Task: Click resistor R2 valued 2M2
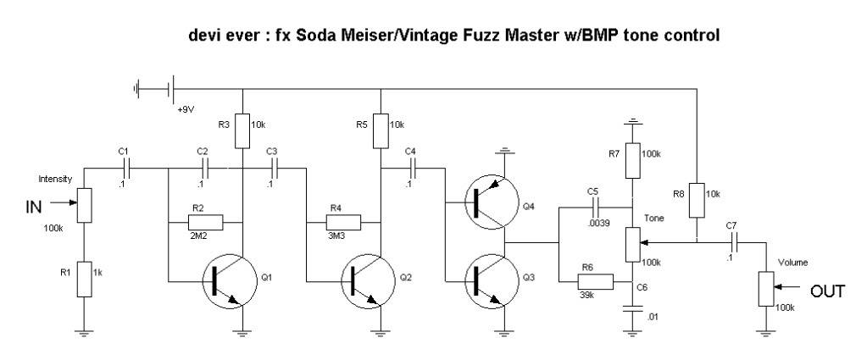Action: pyautogui.click(x=206, y=223)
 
